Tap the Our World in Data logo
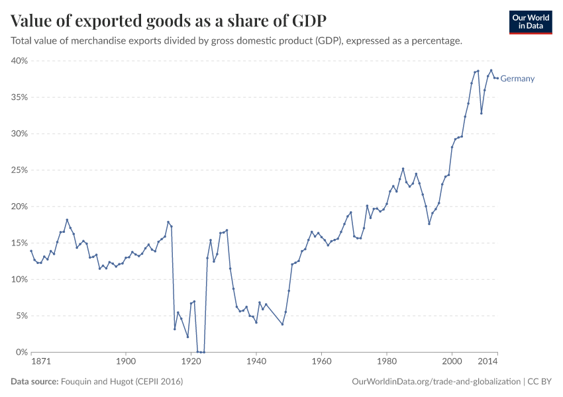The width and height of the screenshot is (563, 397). tap(530, 22)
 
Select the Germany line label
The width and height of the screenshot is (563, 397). tap(517, 79)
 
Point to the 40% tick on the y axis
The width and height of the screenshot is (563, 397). tap(19, 61)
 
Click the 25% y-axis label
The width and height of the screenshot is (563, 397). tap(19, 170)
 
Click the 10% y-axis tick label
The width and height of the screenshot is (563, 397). tap(19, 279)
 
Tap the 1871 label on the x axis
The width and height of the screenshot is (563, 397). tap(39, 362)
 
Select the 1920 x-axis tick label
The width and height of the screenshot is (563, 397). tap(191, 362)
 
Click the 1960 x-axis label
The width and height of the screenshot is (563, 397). tap(321, 362)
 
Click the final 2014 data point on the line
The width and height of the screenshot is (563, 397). tap(497, 79)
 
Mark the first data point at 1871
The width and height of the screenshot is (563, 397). tap(31, 251)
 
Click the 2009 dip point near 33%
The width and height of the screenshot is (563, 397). tap(482, 113)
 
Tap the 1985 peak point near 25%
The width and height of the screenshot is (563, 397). tap(403, 169)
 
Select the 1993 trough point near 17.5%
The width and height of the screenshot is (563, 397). tap(429, 224)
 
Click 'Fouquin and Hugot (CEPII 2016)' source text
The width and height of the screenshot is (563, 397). tap(122, 382)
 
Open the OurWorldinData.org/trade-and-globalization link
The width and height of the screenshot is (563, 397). tap(436, 382)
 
